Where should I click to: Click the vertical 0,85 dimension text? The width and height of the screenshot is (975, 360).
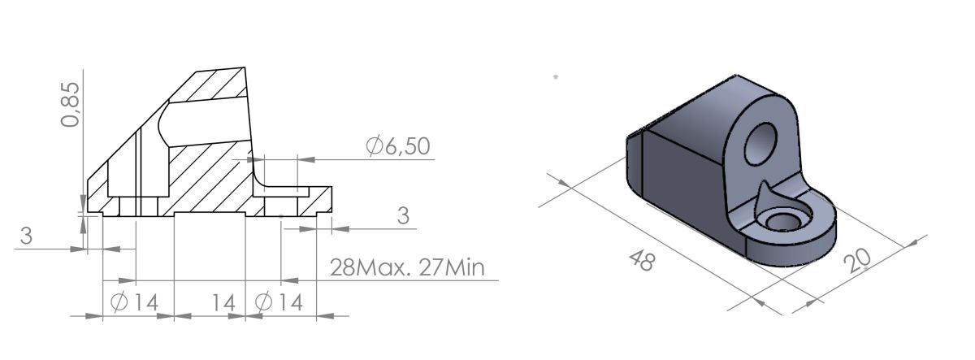tap(71, 105)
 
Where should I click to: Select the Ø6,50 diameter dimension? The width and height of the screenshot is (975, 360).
tap(397, 146)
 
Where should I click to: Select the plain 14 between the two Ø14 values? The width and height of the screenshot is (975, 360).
tap(223, 302)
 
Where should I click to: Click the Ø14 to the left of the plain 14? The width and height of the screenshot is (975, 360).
tap(134, 302)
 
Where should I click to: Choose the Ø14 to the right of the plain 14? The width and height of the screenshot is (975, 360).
tap(278, 302)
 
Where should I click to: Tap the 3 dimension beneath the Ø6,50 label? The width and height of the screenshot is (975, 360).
tap(402, 216)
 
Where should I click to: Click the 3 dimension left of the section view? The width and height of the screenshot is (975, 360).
tap(26, 236)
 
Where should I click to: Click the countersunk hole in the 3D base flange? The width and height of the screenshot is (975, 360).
tap(785, 220)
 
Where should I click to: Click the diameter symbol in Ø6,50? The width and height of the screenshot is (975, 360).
tap(374, 146)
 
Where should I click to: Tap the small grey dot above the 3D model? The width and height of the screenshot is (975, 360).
tap(555, 76)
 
